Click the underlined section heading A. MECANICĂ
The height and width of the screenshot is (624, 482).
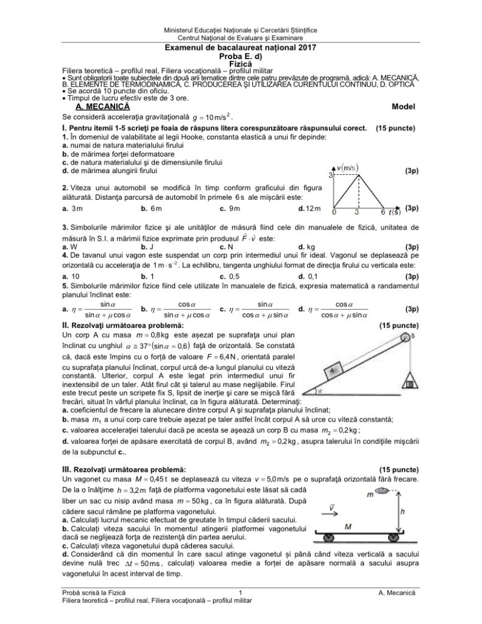(94, 106)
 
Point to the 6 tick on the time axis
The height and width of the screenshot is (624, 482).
(382, 213)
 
